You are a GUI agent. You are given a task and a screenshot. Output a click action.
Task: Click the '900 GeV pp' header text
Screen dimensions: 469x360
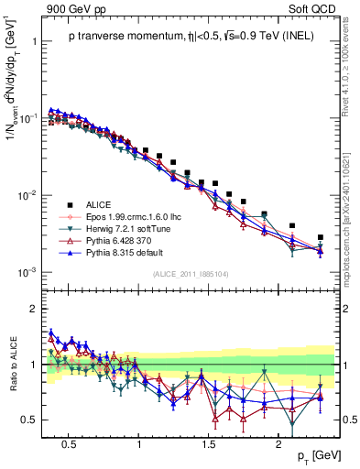pos(73,8)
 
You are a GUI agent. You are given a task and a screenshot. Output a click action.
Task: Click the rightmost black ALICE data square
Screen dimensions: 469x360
pos(320,237)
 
